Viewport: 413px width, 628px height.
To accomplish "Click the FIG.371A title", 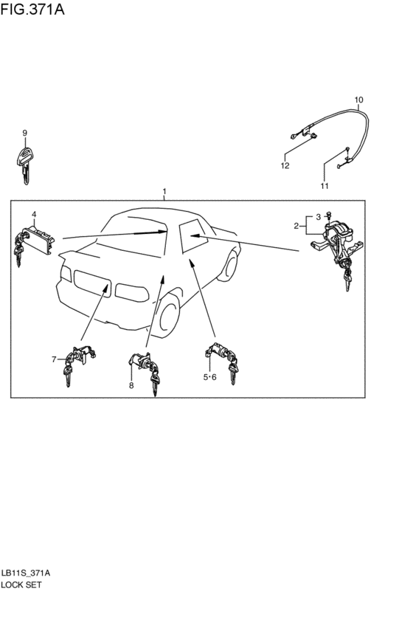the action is [32, 9].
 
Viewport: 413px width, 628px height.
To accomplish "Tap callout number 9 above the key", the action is [25, 133].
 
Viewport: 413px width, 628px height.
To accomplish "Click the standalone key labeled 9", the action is [25, 165].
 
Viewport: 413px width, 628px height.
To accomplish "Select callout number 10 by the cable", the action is [358, 100].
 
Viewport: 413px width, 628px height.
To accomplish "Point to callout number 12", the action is [285, 165].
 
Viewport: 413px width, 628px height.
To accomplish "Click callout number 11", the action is [324, 186].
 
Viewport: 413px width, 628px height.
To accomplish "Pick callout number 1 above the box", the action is [164, 191].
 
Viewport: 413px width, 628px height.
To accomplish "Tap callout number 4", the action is [34, 214].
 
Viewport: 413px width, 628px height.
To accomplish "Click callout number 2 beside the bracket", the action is [296, 227].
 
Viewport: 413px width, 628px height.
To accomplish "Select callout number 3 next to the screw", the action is [319, 217].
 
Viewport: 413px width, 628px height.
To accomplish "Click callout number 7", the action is [54, 359].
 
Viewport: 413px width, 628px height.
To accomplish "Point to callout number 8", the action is [131, 385].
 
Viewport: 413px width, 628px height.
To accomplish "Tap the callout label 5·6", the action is [209, 377].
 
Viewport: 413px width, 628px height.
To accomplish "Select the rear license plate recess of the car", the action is [92, 283].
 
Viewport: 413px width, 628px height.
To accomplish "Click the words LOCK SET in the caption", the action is [21, 584].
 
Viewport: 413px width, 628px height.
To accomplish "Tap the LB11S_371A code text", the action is [26, 573].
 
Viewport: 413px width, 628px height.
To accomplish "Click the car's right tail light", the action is [132, 293].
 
